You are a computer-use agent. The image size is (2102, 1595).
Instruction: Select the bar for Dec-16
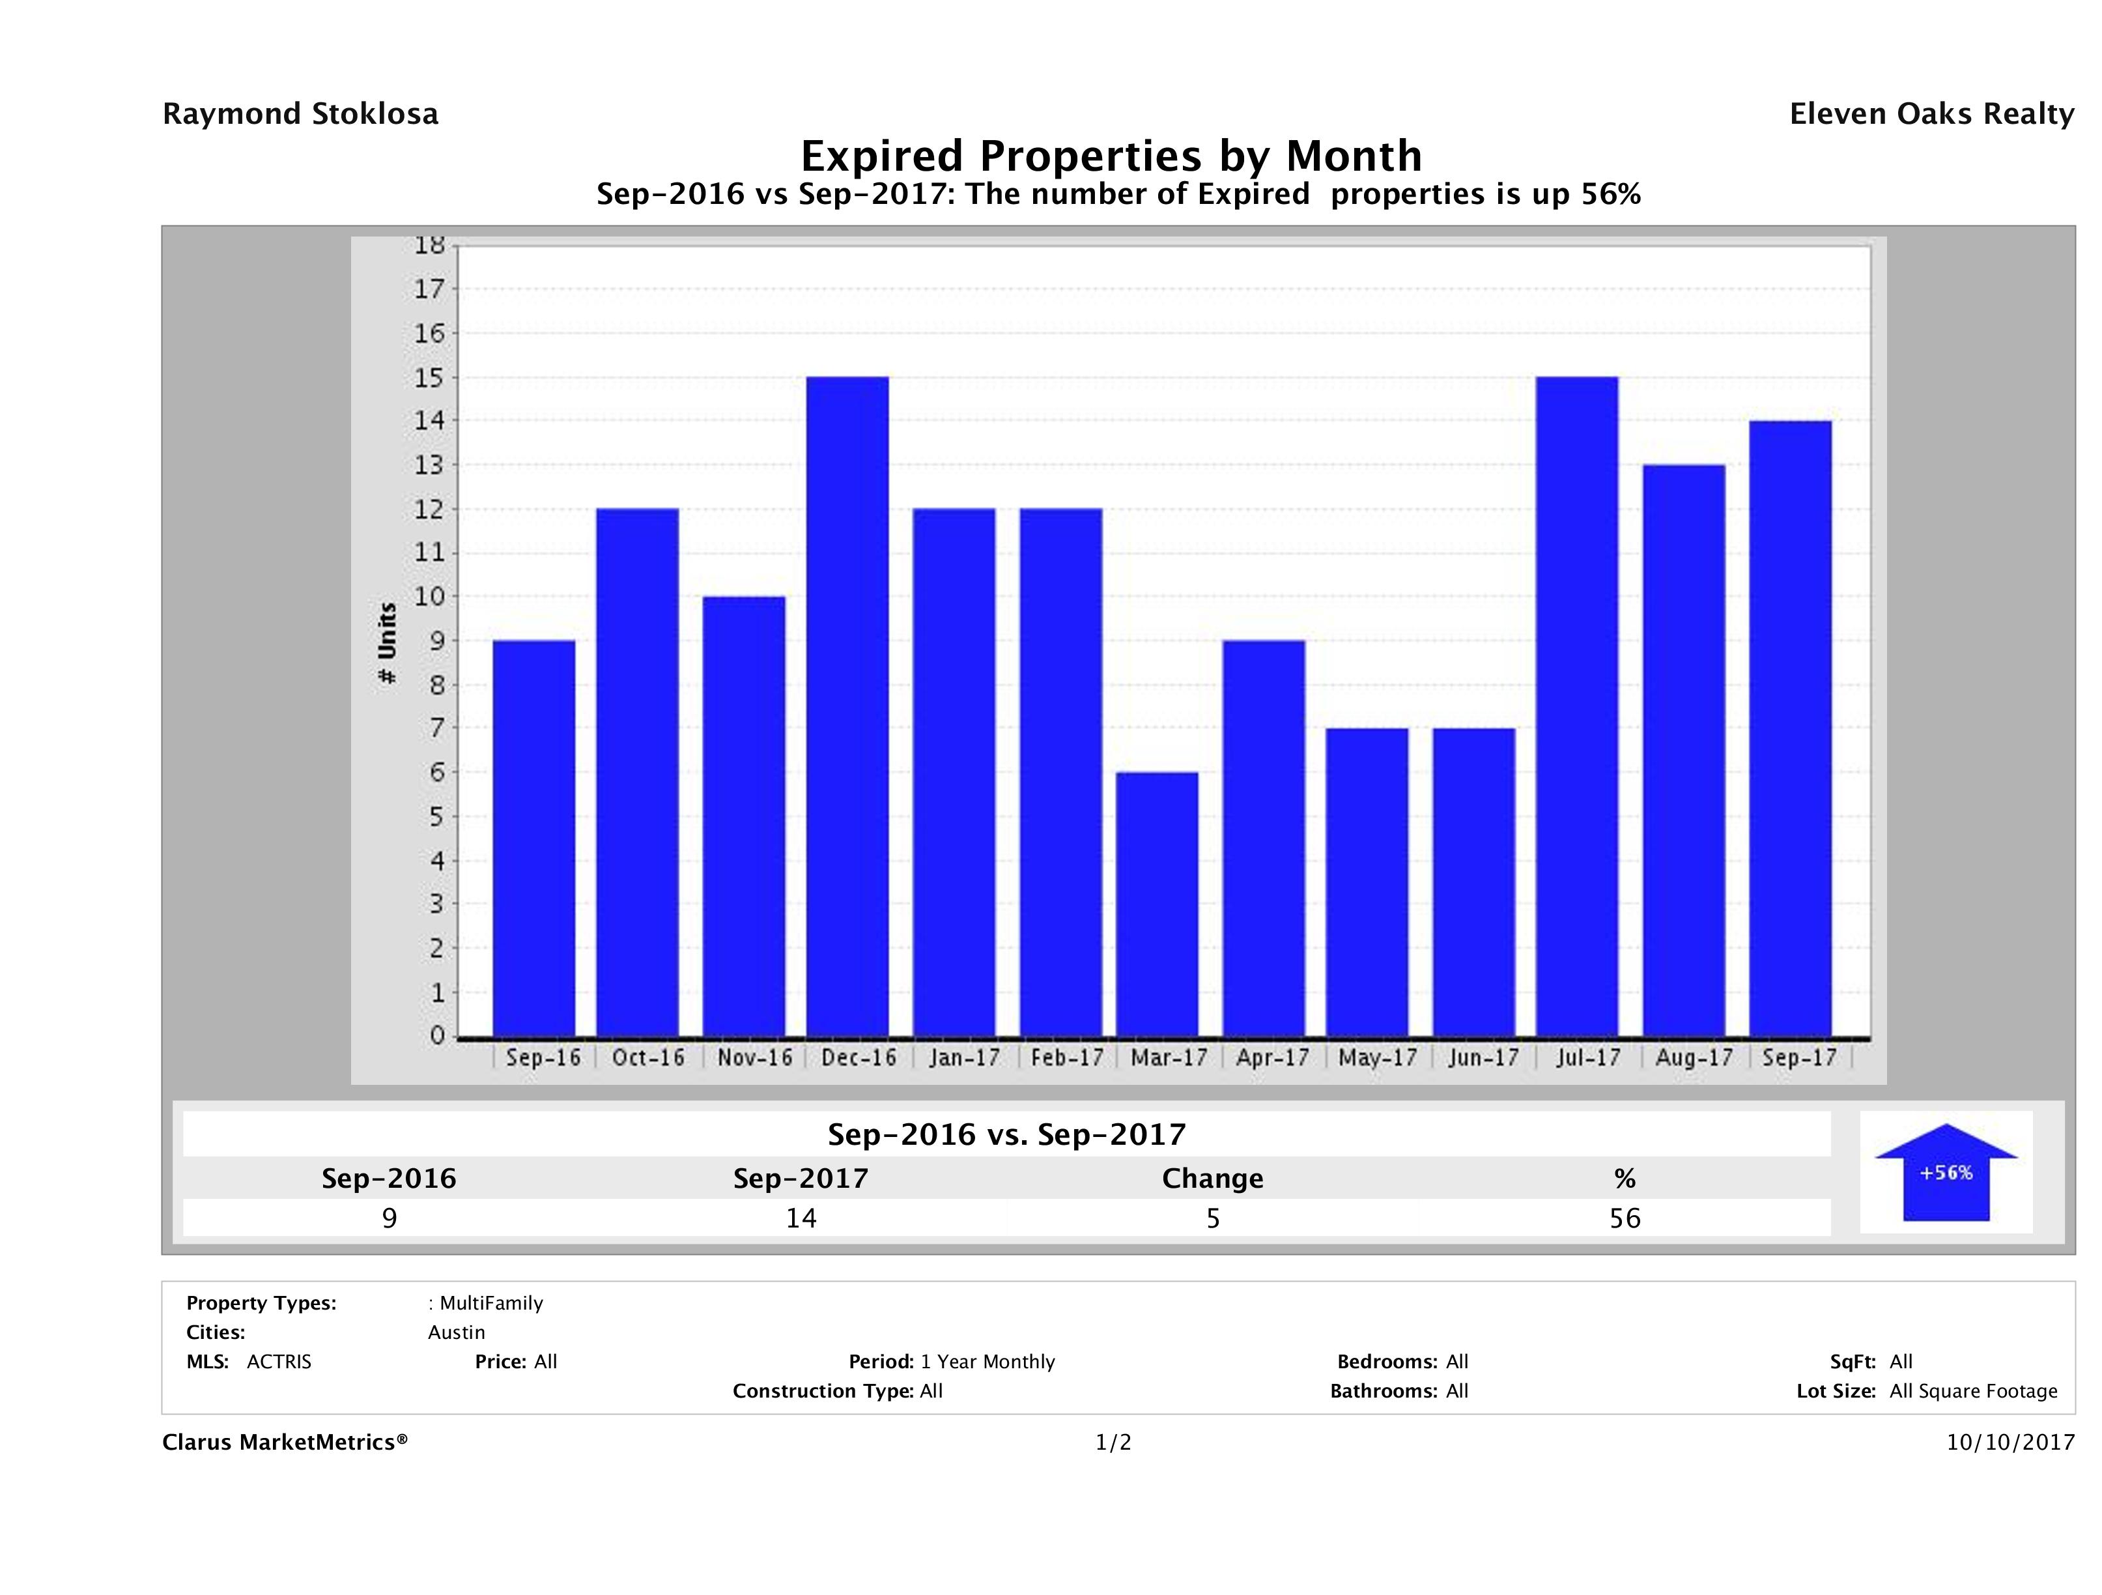pos(847,706)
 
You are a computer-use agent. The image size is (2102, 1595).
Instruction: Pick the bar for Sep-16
pos(534,839)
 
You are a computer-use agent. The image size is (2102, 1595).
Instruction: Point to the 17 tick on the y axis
pos(429,289)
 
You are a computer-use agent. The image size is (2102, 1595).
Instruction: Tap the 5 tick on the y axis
pos(436,816)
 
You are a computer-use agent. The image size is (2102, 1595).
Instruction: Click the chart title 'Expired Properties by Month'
pos(1112,155)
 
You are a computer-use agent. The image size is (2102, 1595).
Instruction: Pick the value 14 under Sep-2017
pos(801,1218)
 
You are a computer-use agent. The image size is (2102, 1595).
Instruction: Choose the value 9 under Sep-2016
pos(389,1218)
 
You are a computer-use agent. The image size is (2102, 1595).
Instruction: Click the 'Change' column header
pos(1213,1179)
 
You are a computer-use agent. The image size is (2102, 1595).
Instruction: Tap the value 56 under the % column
pos(1625,1218)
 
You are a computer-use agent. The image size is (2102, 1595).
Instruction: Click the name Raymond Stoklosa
pos(300,114)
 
